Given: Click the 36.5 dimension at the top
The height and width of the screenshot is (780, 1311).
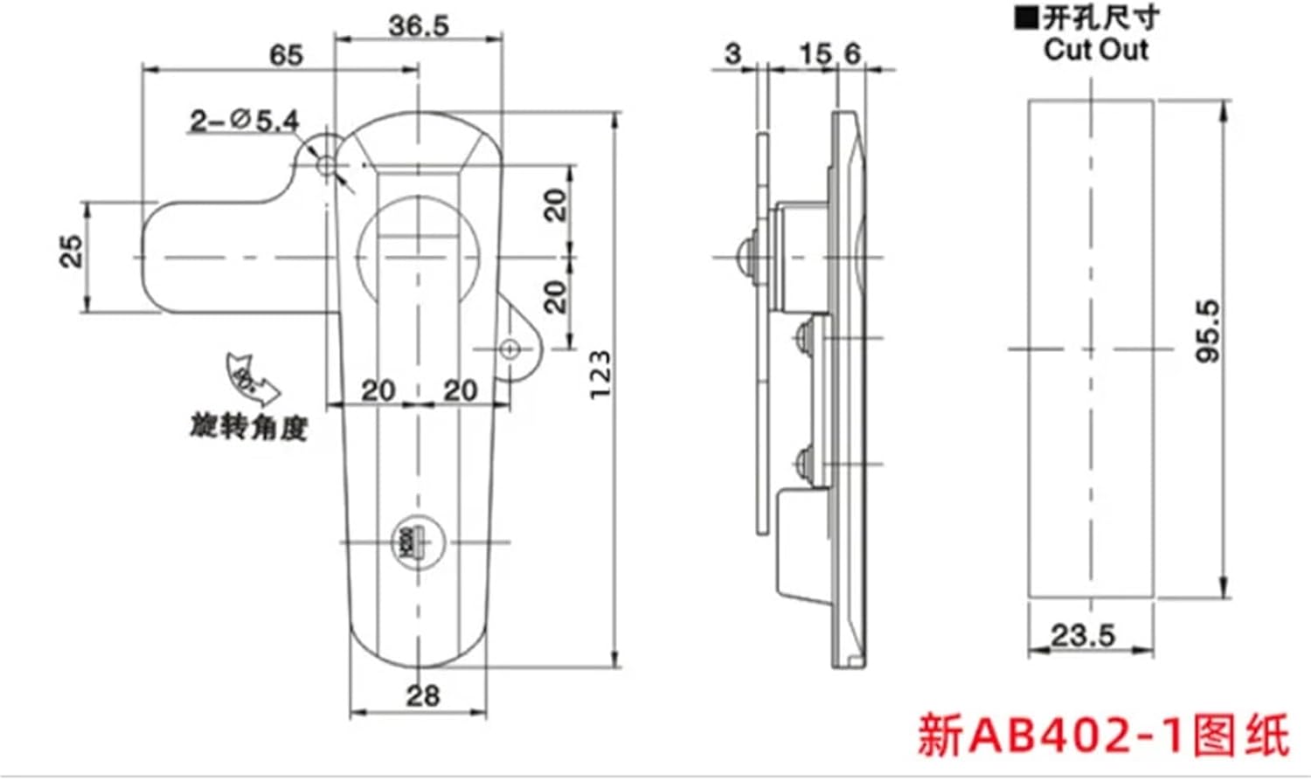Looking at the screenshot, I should [419, 26].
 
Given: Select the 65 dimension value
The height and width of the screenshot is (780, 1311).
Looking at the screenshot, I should [286, 55].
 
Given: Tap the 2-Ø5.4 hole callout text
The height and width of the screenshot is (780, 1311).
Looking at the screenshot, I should [244, 120].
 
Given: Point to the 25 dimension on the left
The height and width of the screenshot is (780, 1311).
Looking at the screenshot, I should [73, 252].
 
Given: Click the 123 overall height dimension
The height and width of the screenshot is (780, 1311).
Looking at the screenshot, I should [600, 376].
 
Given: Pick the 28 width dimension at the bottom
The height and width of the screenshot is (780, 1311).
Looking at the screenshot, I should [422, 696].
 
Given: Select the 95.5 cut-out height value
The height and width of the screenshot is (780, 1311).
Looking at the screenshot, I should [1207, 331].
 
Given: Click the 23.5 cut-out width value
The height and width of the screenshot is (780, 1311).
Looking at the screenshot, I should [1083, 634].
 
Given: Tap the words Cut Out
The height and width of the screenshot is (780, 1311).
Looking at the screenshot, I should [1095, 50].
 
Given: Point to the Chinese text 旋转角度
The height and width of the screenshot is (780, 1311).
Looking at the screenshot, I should [249, 428].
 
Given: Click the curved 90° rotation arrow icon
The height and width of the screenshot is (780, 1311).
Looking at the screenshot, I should [248, 376].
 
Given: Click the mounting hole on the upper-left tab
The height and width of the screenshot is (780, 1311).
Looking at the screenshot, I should [325, 165].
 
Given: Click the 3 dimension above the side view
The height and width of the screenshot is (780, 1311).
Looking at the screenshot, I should [732, 54].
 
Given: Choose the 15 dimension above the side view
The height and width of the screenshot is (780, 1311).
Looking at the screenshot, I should [815, 54].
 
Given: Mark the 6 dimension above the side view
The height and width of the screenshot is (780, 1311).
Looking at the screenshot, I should [852, 54].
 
